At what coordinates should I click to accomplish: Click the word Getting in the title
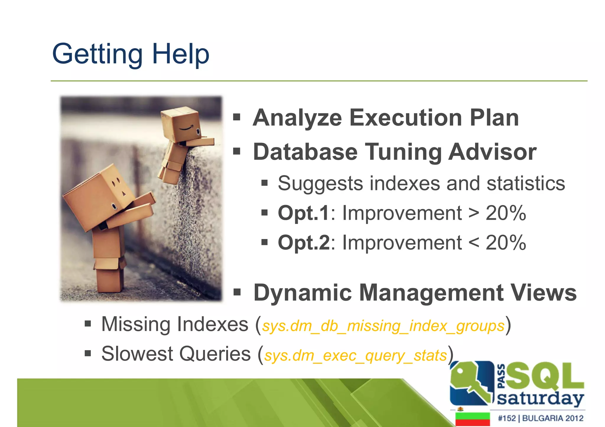click(x=97, y=54)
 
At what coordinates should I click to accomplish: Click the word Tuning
click(x=403, y=152)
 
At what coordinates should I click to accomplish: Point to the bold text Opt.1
click(x=303, y=213)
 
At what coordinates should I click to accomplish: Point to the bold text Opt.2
click(x=303, y=243)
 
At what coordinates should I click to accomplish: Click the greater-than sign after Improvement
click(x=474, y=213)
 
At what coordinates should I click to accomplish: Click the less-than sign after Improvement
click(x=474, y=243)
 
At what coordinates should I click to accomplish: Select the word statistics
click(x=526, y=183)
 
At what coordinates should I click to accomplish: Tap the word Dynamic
click(x=302, y=293)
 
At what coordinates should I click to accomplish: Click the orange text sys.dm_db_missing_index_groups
click(x=383, y=326)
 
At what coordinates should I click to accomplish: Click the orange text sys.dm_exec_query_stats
click(x=355, y=356)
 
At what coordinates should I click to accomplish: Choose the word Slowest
click(x=137, y=354)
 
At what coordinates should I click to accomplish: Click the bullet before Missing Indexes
click(x=88, y=324)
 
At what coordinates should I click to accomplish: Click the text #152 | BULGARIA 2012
click(x=540, y=418)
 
